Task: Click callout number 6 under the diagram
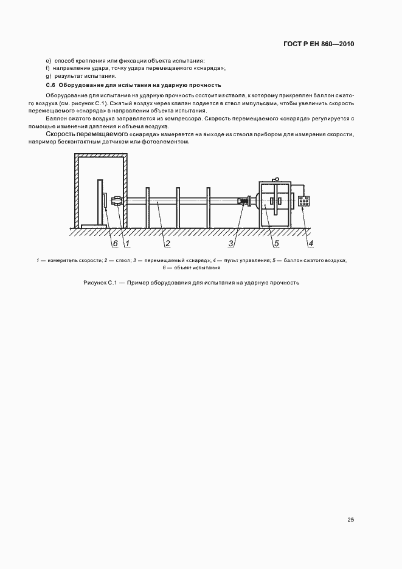(x=114, y=244)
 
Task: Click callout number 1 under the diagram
(x=128, y=244)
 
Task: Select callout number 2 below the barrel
(x=167, y=244)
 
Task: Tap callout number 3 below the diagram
(x=232, y=244)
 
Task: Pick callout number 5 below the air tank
(x=276, y=244)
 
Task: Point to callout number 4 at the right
(x=311, y=244)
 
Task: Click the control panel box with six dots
(x=303, y=201)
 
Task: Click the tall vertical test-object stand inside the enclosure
(x=100, y=202)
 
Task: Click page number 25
(x=350, y=520)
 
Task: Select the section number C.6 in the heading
(x=50, y=85)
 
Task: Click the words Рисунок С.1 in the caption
(x=97, y=283)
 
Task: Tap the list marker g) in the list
(x=47, y=76)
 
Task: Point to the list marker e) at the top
(x=47, y=60)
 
